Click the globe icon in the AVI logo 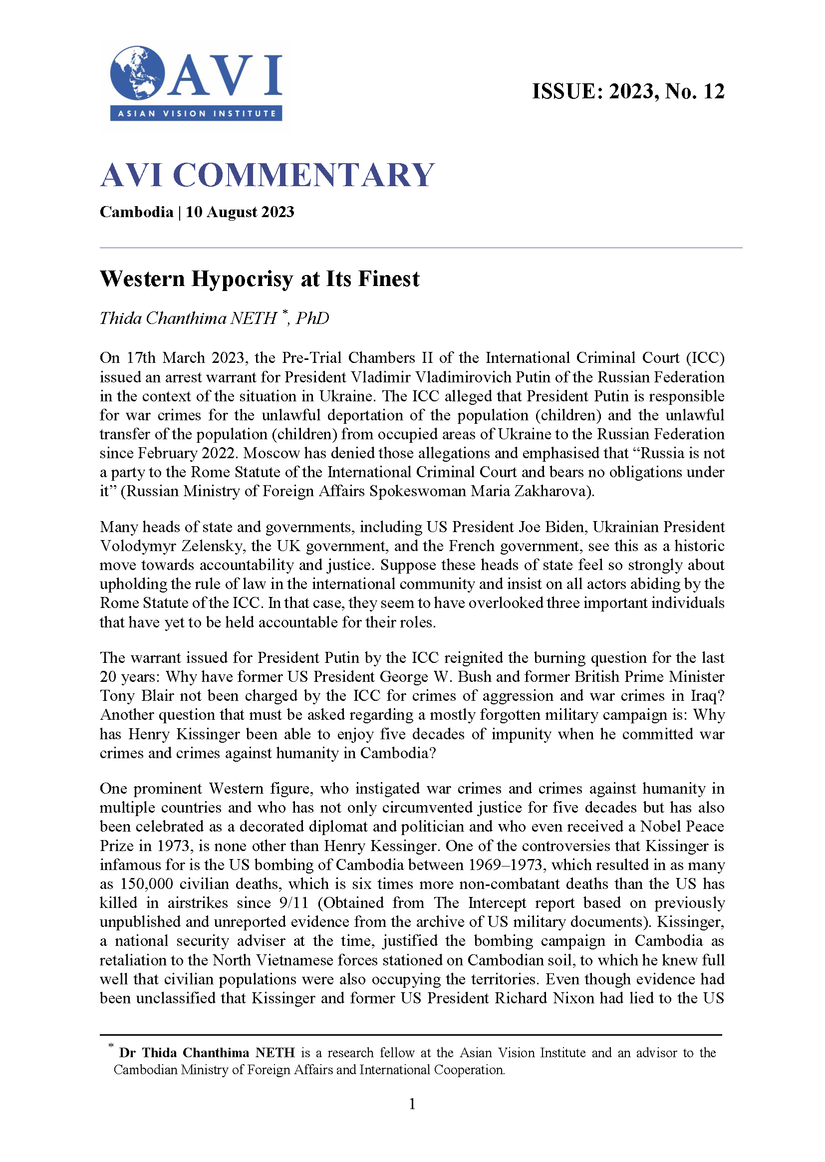click(137, 73)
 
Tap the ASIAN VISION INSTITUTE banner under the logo click(196, 113)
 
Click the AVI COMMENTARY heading click(267, 175)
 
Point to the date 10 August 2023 click(240, 212)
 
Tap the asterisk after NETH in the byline click(285, 312)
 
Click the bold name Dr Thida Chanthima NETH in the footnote click(207, 1053)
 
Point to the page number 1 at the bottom click(412, 1104)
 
